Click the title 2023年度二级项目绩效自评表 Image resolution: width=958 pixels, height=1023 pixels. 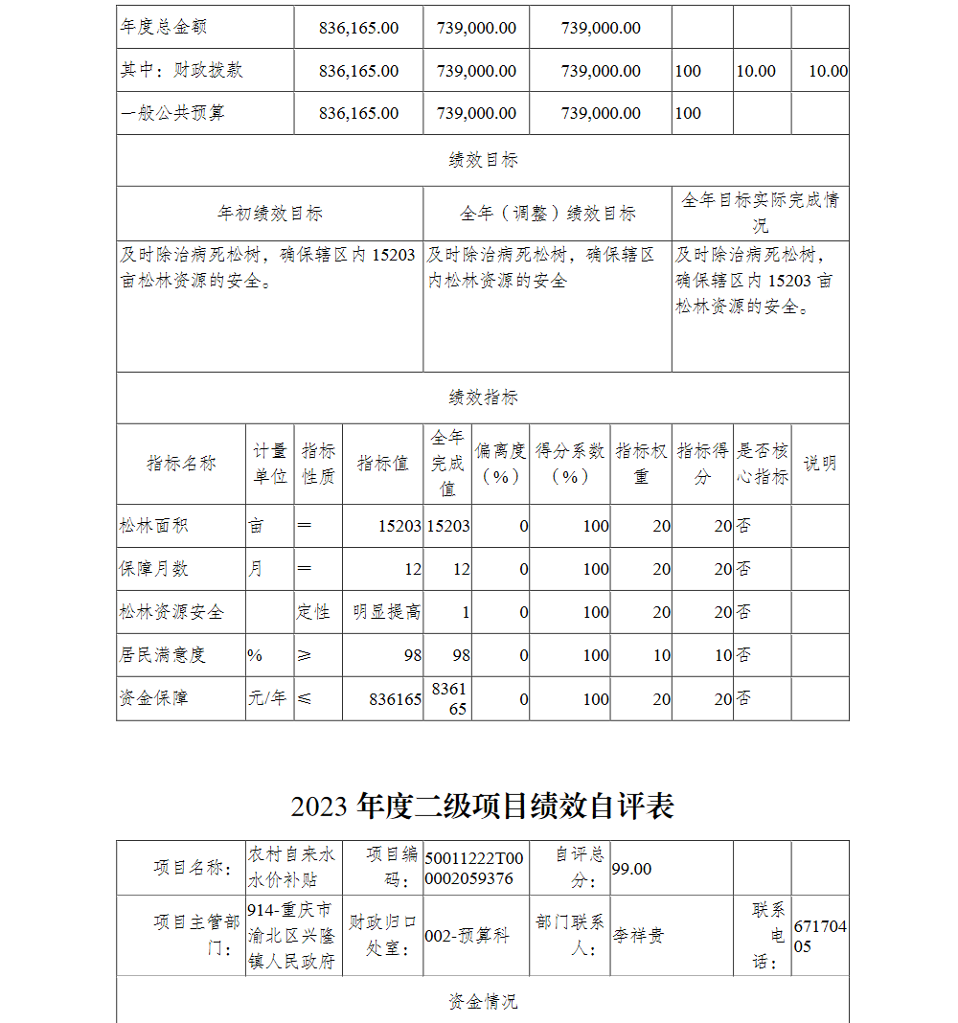pos(482,807)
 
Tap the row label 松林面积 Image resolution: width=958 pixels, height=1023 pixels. pos(153,526)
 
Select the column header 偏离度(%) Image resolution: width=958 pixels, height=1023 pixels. pos(500,464)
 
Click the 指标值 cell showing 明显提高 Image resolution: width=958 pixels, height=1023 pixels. pos(386,612)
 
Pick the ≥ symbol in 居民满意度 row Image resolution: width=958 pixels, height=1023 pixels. pos(305,655)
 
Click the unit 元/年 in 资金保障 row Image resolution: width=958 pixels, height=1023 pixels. pos(268,698)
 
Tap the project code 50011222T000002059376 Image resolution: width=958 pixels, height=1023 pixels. pos(474,868)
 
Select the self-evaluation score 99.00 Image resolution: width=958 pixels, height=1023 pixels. pos(631,869)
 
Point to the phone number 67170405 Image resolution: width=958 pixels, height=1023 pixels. pos(820,936)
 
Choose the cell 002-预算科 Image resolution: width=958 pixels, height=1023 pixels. pos(467,936)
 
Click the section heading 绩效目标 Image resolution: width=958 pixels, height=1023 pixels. pos(483,161)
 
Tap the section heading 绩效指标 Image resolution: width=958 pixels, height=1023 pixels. pos(483,398)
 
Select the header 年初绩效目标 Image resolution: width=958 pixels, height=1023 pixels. pos(269,214)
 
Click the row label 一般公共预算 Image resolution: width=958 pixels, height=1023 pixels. pos(172,113)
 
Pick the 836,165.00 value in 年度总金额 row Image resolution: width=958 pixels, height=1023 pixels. pos(358,28)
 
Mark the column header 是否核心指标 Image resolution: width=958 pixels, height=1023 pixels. pos(763,464)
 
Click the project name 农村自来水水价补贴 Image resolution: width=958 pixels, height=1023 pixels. pos(292,868)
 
